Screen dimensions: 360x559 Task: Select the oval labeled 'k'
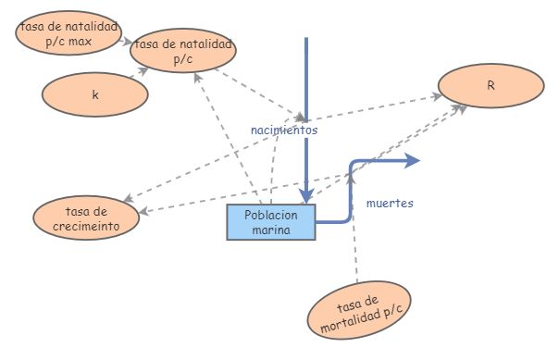click(95, 94)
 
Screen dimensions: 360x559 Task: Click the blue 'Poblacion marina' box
click(271, 222)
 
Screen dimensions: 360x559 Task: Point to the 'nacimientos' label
click(284, 130)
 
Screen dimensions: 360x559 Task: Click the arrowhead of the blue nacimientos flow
click(306, 195)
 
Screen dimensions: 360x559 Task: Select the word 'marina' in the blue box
click(271, 230)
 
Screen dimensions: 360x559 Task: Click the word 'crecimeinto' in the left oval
click(87, 225)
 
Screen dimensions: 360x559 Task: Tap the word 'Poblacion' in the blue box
click(271, 215)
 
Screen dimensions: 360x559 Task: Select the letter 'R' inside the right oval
click(491, 85)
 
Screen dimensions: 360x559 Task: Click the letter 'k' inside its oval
click(95, 94)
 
